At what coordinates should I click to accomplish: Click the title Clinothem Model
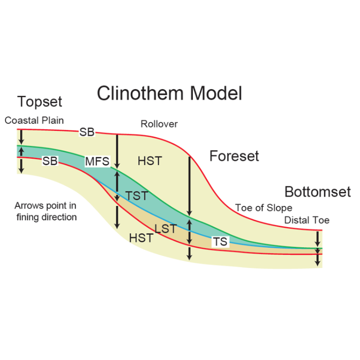(170, 93)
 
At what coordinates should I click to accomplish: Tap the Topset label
(39, 101)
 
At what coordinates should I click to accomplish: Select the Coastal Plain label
(34, 120)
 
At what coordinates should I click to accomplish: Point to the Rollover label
(159, 124)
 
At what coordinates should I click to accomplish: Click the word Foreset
(234, 156)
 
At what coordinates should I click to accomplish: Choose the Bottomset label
(318, 192)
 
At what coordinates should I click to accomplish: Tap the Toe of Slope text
(264, 208)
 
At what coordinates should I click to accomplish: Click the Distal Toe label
(307, 220)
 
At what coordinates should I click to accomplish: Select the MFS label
(97, 161)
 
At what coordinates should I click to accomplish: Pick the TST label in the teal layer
(137, 196)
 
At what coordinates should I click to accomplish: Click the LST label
(166, 229)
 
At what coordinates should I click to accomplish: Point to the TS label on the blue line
(220, 241)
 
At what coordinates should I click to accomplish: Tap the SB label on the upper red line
(87, 132)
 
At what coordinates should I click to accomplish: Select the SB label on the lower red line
(50, 161)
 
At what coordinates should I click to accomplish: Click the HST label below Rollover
(150, 161)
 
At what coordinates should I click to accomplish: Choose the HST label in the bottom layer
(141, 238)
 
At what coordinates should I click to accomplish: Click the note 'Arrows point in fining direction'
(46, 211)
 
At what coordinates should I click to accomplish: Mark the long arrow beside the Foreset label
(189, 186)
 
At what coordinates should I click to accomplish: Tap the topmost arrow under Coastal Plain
(21, 137)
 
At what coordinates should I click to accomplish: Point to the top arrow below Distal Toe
(318, 239)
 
